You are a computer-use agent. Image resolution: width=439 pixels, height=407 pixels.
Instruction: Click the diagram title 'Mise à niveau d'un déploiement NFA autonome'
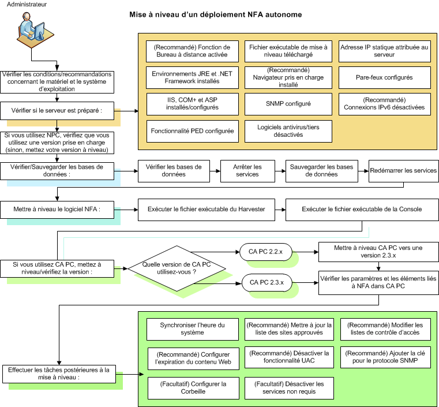(215, 13)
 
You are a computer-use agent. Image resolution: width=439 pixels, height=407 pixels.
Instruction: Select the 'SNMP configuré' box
(288, 104)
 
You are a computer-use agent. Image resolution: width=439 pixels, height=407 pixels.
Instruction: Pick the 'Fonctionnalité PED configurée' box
(193, 131)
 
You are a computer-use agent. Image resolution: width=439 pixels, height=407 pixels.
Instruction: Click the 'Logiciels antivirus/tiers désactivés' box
(288, 131)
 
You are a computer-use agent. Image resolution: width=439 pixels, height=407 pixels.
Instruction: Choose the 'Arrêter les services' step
(247, 170)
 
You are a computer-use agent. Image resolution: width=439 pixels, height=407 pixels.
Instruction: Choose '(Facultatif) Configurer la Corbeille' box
(192, 388)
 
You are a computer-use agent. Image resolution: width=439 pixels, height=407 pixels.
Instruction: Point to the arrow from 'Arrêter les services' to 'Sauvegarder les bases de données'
(279, 171)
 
